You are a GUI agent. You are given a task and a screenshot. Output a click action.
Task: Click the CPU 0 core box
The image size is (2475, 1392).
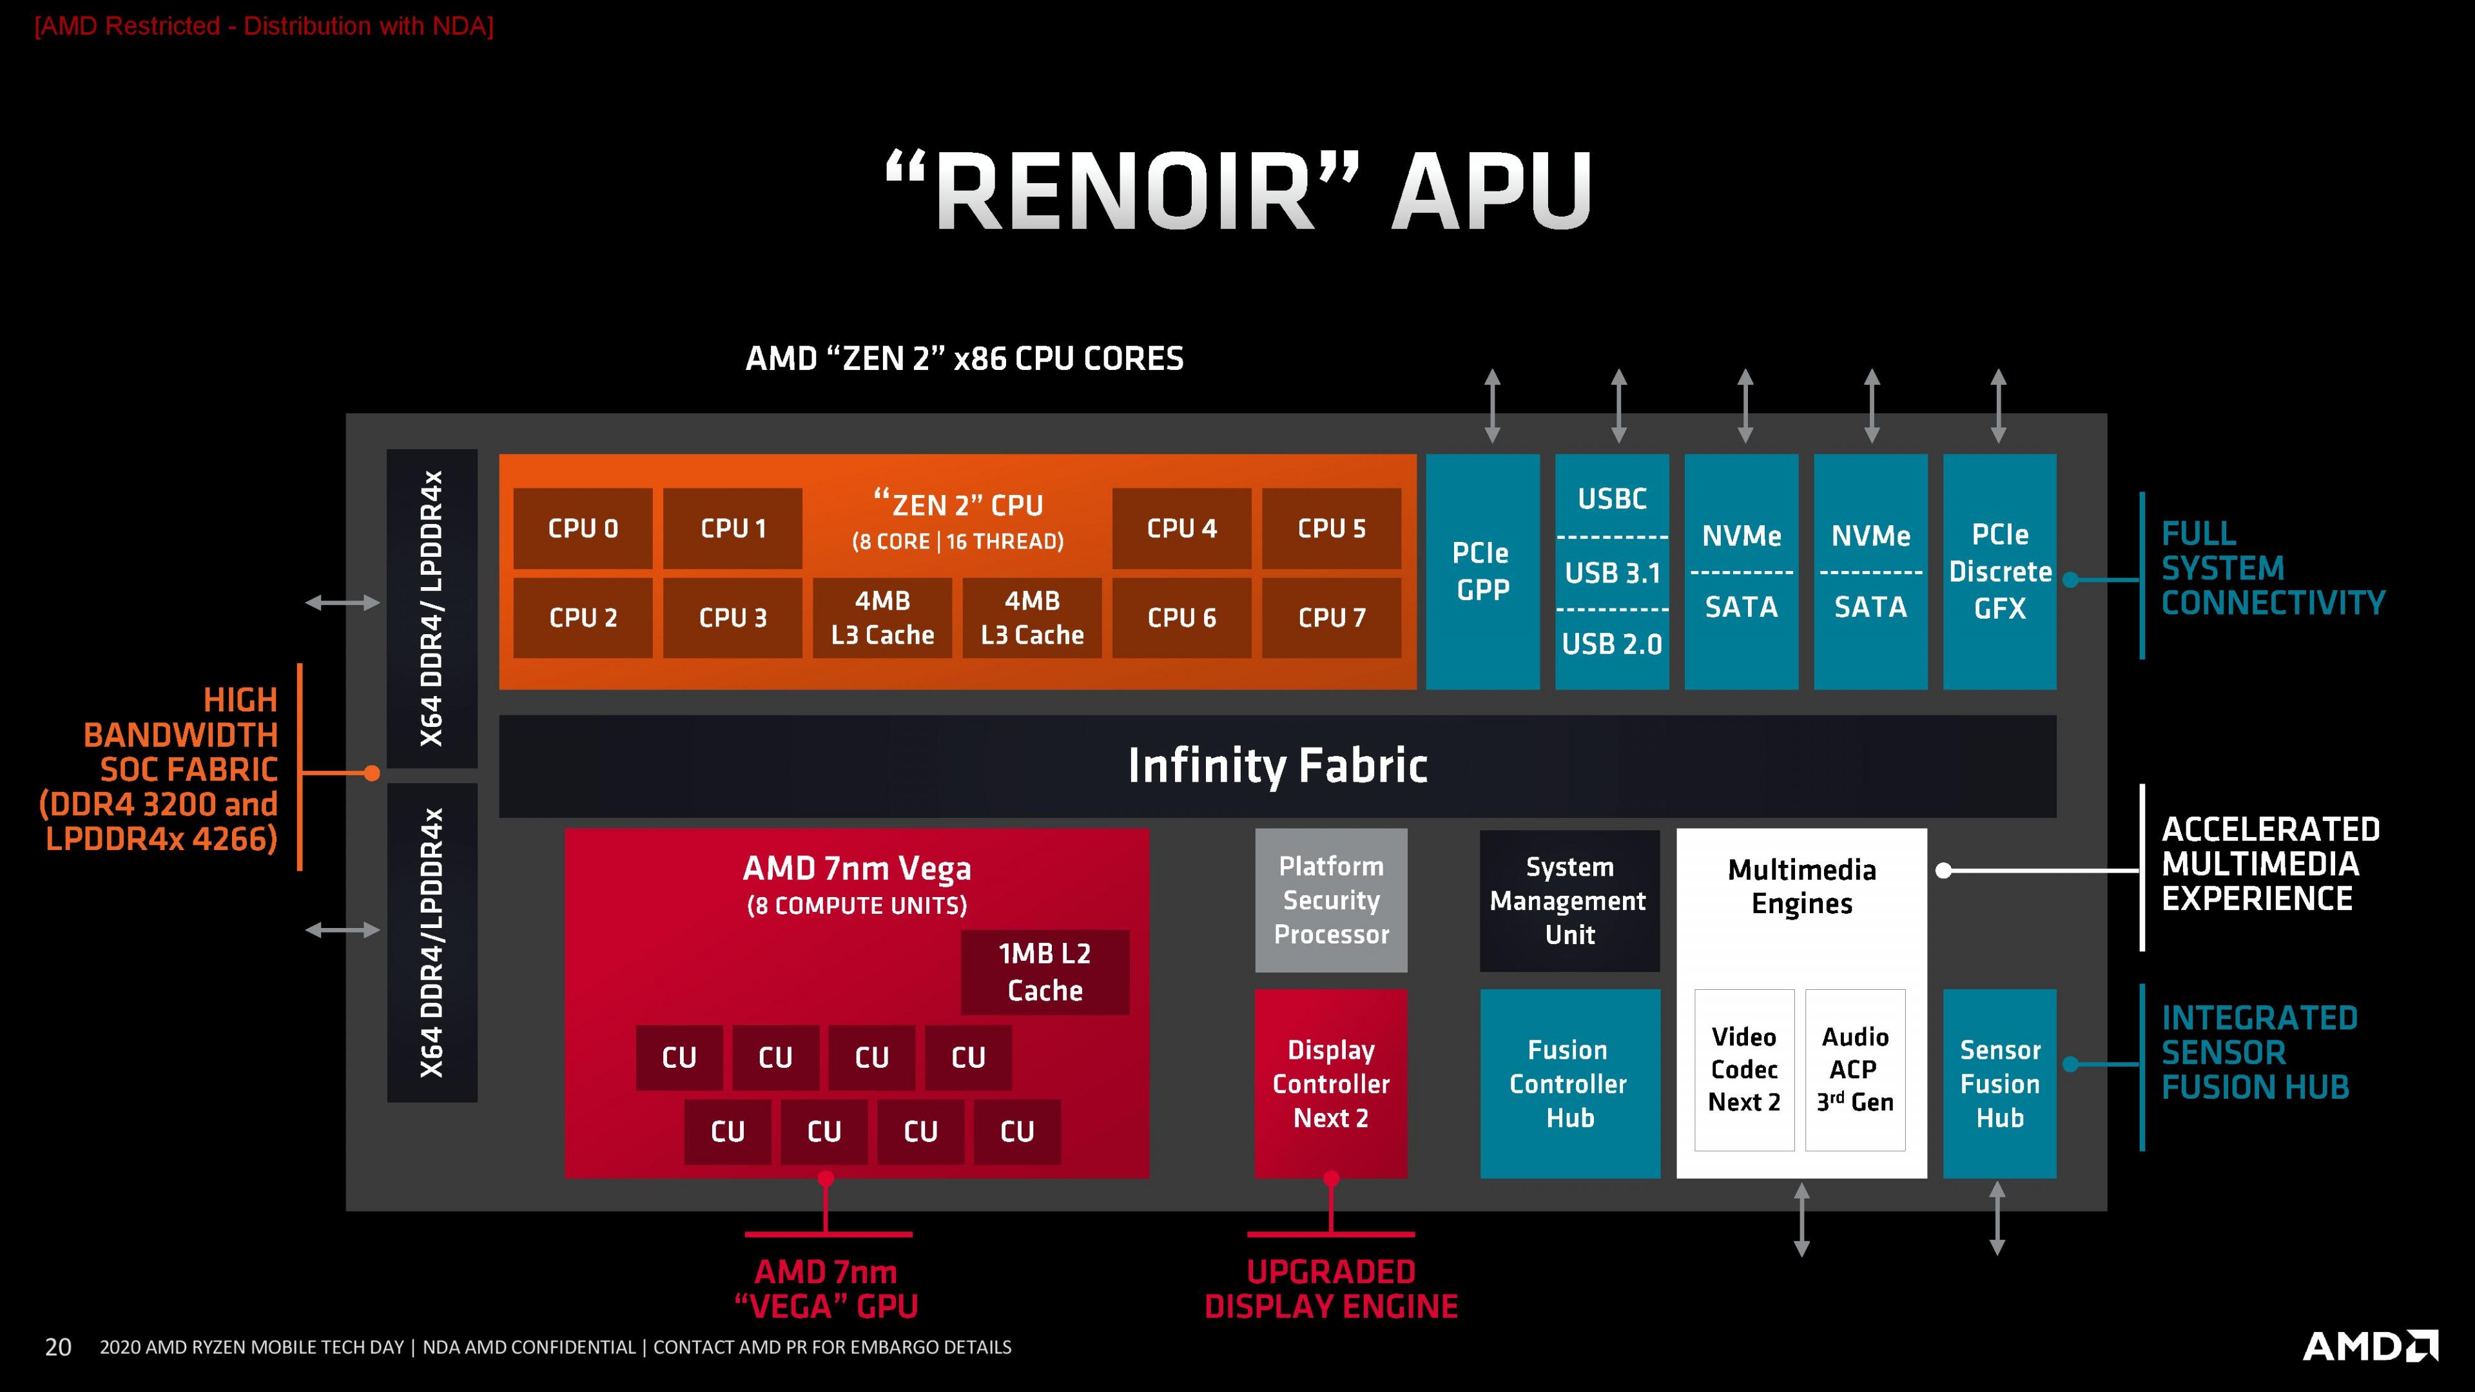click(582, 528)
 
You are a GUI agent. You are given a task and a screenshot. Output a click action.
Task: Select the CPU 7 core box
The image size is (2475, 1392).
click(1331, 618)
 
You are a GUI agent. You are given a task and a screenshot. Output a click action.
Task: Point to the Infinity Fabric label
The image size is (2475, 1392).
click(1277, 766)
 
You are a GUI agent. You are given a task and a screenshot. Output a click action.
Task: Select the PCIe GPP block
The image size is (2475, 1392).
click(1482, 572)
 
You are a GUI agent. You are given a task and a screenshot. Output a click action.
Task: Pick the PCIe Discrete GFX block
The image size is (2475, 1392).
click(1999, 572)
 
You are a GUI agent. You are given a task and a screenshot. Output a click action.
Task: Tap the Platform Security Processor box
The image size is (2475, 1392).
click(1331, 900)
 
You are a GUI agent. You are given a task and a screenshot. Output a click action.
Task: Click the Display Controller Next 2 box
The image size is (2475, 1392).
click(1331, 1083)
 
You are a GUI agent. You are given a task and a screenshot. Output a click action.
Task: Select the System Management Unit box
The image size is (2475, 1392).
click(1569, 900)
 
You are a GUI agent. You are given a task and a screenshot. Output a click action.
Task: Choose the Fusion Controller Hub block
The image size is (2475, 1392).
click(1569, 1083)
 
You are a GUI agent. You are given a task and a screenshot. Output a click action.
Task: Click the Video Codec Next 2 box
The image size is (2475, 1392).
click(1744, 1069)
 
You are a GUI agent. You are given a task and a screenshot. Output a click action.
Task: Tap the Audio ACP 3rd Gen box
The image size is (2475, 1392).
click(1854, 1069)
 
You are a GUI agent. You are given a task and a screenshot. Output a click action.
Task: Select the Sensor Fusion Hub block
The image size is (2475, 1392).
click(1999, 1083)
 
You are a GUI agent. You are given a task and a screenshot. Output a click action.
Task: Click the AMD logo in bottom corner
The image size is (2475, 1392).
click(2369, 1345)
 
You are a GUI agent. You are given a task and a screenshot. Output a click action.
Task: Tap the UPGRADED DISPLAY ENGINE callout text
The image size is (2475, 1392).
click(1331, 1289)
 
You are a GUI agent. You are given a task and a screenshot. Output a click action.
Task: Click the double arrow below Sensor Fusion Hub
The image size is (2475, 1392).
click(1997, 1218)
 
